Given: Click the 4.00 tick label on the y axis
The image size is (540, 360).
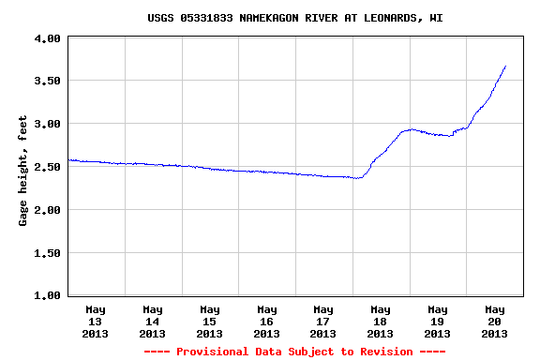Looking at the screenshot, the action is [47, 38].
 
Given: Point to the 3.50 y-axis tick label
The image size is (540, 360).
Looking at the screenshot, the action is [47, 81].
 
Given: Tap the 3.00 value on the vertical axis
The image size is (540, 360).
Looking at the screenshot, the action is [47, 124].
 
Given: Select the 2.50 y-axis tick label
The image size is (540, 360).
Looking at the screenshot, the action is [47, 167].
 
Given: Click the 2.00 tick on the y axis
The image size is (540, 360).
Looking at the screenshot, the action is [47, 210].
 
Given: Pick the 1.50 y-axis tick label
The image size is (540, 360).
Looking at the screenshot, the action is [47, 253].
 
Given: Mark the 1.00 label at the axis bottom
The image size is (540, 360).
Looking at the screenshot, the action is [47, 295].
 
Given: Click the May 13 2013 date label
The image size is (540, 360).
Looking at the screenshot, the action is [95, 322].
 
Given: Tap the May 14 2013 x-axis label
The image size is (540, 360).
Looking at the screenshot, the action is [152, 322].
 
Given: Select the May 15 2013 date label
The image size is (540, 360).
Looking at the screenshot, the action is [209, 322].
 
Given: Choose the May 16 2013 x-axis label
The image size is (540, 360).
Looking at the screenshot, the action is [266, 322].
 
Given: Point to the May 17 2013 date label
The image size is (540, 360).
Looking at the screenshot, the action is [323, 322].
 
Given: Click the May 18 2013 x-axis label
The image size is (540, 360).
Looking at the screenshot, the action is [381, 322].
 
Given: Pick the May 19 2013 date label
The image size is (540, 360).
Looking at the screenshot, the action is [438, 322].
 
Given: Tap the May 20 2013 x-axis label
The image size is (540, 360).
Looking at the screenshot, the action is [495, 322].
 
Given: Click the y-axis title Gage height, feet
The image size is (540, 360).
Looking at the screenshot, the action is [22, 171].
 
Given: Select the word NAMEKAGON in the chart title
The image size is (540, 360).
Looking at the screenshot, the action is [269, 18].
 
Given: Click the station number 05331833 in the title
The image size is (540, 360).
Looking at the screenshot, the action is [206, 18].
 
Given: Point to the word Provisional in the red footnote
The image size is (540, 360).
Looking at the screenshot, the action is [212, 352].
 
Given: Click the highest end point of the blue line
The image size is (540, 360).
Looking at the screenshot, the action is [505, 66].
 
